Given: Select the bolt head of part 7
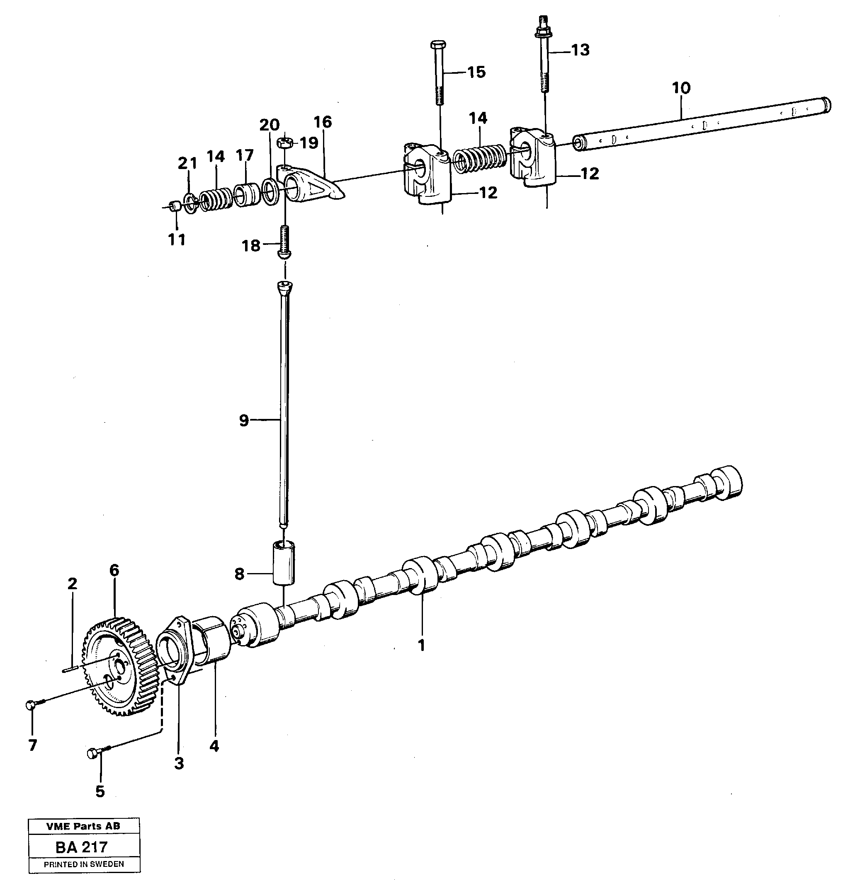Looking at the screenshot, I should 31,705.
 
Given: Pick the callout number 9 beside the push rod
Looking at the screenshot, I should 243,421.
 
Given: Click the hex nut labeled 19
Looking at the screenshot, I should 285,143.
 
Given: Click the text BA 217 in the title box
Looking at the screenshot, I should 81,847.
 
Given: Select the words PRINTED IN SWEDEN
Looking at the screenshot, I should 84,864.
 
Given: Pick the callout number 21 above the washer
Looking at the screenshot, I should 187,164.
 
